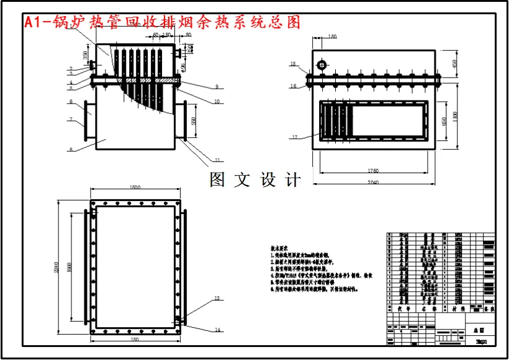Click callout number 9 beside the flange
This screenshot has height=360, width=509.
click(x=217, y=86)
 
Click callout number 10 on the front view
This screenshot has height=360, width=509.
click(x=217, y=101)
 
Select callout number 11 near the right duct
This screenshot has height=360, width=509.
click(x=218, y=160)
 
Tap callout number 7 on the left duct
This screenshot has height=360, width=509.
click(x=71, y=119)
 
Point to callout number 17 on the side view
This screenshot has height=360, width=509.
click(x=296, y=137)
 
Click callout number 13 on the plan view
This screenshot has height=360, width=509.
click(x=217, y=299)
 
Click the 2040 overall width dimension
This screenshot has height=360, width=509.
click(x=373, y=182)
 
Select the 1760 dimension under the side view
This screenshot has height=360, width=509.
click(x=373, y=170)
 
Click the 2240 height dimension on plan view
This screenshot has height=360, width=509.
click(x=56, y=267)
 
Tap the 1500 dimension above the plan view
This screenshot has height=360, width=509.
click(x=135, y=187)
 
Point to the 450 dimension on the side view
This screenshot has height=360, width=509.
click(x=454, y=63)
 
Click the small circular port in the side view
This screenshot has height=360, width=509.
click(x=322, y=65)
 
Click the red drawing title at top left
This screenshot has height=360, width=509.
click(x=162, y=22)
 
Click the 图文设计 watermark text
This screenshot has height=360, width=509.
click(x=255, y=180)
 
